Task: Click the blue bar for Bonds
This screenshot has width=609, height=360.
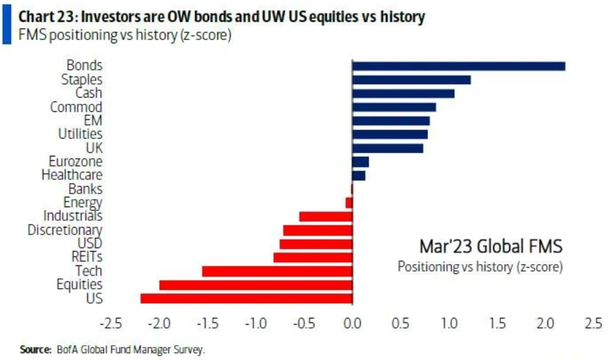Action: (459, 66)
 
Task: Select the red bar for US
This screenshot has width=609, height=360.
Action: (247, 298)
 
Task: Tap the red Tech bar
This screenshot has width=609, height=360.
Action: (278, 271)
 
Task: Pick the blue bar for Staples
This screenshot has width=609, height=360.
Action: (412, 80)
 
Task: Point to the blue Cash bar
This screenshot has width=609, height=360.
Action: (403, 93)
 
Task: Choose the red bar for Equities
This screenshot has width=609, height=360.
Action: (256, 285)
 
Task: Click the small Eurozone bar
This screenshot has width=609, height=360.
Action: (360, 162)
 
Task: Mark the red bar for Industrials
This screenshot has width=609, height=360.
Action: (326, 217)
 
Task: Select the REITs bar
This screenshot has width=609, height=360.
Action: (313, 258)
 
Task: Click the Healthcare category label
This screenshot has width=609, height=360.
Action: (72, 176)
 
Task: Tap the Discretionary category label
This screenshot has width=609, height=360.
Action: (65, 230)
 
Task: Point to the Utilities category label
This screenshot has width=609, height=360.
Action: (80, 134)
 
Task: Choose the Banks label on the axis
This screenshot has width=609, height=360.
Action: (85, 189)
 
